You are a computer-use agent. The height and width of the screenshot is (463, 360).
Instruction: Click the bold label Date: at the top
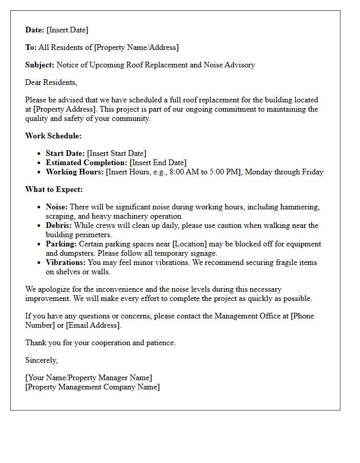tap(35, 30)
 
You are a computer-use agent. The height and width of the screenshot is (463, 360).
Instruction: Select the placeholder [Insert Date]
tap(67, 30)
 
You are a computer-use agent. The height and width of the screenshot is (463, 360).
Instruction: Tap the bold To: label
tap(31, 47)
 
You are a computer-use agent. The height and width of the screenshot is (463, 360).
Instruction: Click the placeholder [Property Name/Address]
tap(136, 47)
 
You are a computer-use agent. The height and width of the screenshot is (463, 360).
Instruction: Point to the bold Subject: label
tap(40, 65)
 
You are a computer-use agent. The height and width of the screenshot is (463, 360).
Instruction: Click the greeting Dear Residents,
tap(51, 82)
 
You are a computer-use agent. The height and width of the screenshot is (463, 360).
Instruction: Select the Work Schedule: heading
tap(53, 136)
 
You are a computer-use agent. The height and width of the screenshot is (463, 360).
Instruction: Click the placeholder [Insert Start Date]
tap(117, 153)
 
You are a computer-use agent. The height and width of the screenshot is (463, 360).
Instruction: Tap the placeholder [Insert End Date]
tap(158, 163)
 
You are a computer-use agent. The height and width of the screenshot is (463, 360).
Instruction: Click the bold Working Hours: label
tap(75, 172)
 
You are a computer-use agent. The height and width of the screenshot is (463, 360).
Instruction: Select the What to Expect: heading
tap(54, 189)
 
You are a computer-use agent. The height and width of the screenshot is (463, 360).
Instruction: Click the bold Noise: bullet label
tap(57, 207)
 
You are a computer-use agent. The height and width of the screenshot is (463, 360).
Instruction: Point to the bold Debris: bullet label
tap(59, 225)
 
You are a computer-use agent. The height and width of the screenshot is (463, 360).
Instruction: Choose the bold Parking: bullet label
tap(61, 244)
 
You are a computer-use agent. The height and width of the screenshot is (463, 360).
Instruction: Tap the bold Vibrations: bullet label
tap(66, 262)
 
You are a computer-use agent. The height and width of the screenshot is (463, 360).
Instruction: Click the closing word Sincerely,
tap(42, 360)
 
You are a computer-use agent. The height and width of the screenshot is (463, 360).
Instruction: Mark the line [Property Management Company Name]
tap(93, 387)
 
